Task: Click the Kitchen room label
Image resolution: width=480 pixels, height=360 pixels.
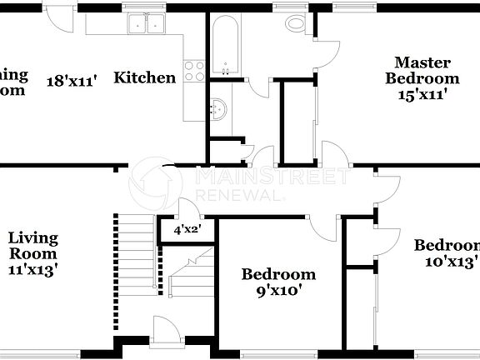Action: tap(144, 78)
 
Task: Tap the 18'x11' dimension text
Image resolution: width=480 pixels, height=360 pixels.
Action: tap(72, 80)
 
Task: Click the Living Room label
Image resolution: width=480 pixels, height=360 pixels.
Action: tap(33, 246)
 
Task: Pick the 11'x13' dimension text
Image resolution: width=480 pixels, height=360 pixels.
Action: tap(33, 269)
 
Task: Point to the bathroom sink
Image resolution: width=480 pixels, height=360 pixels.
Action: tap(219, 107)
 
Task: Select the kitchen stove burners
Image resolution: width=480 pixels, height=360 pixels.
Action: tap(193, 72)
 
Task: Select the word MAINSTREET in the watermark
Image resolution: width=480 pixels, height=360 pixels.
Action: tap(271, 176)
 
